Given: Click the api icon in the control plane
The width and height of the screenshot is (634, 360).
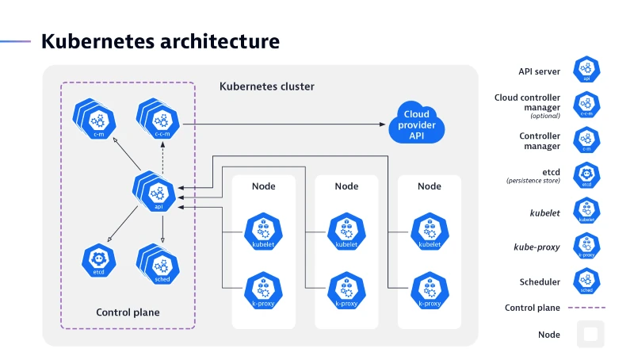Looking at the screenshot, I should point(156,193).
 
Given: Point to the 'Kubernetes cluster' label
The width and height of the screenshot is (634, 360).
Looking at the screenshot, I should point(266,86).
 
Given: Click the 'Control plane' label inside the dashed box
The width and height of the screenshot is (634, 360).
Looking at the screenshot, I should point(128,312).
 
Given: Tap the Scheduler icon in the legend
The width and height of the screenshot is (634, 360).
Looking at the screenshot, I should point(586,281).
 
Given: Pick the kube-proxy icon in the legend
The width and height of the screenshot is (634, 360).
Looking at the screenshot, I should point(586,247).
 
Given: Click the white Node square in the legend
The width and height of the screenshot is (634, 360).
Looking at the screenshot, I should point(590,334).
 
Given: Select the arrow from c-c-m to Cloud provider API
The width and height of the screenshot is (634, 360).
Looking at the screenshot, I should point(285,124).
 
